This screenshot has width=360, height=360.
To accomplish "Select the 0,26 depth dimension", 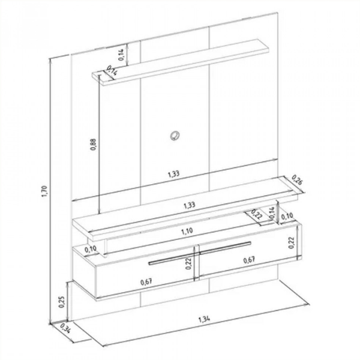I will tap(296, 180).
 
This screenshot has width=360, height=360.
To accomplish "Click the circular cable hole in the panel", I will tap(175, 134).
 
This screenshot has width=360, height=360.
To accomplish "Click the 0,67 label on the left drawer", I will tap(146, 281).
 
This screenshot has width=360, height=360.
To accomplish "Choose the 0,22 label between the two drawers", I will tap(188, 263).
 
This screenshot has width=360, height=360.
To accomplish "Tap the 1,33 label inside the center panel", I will tap(173, 175).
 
